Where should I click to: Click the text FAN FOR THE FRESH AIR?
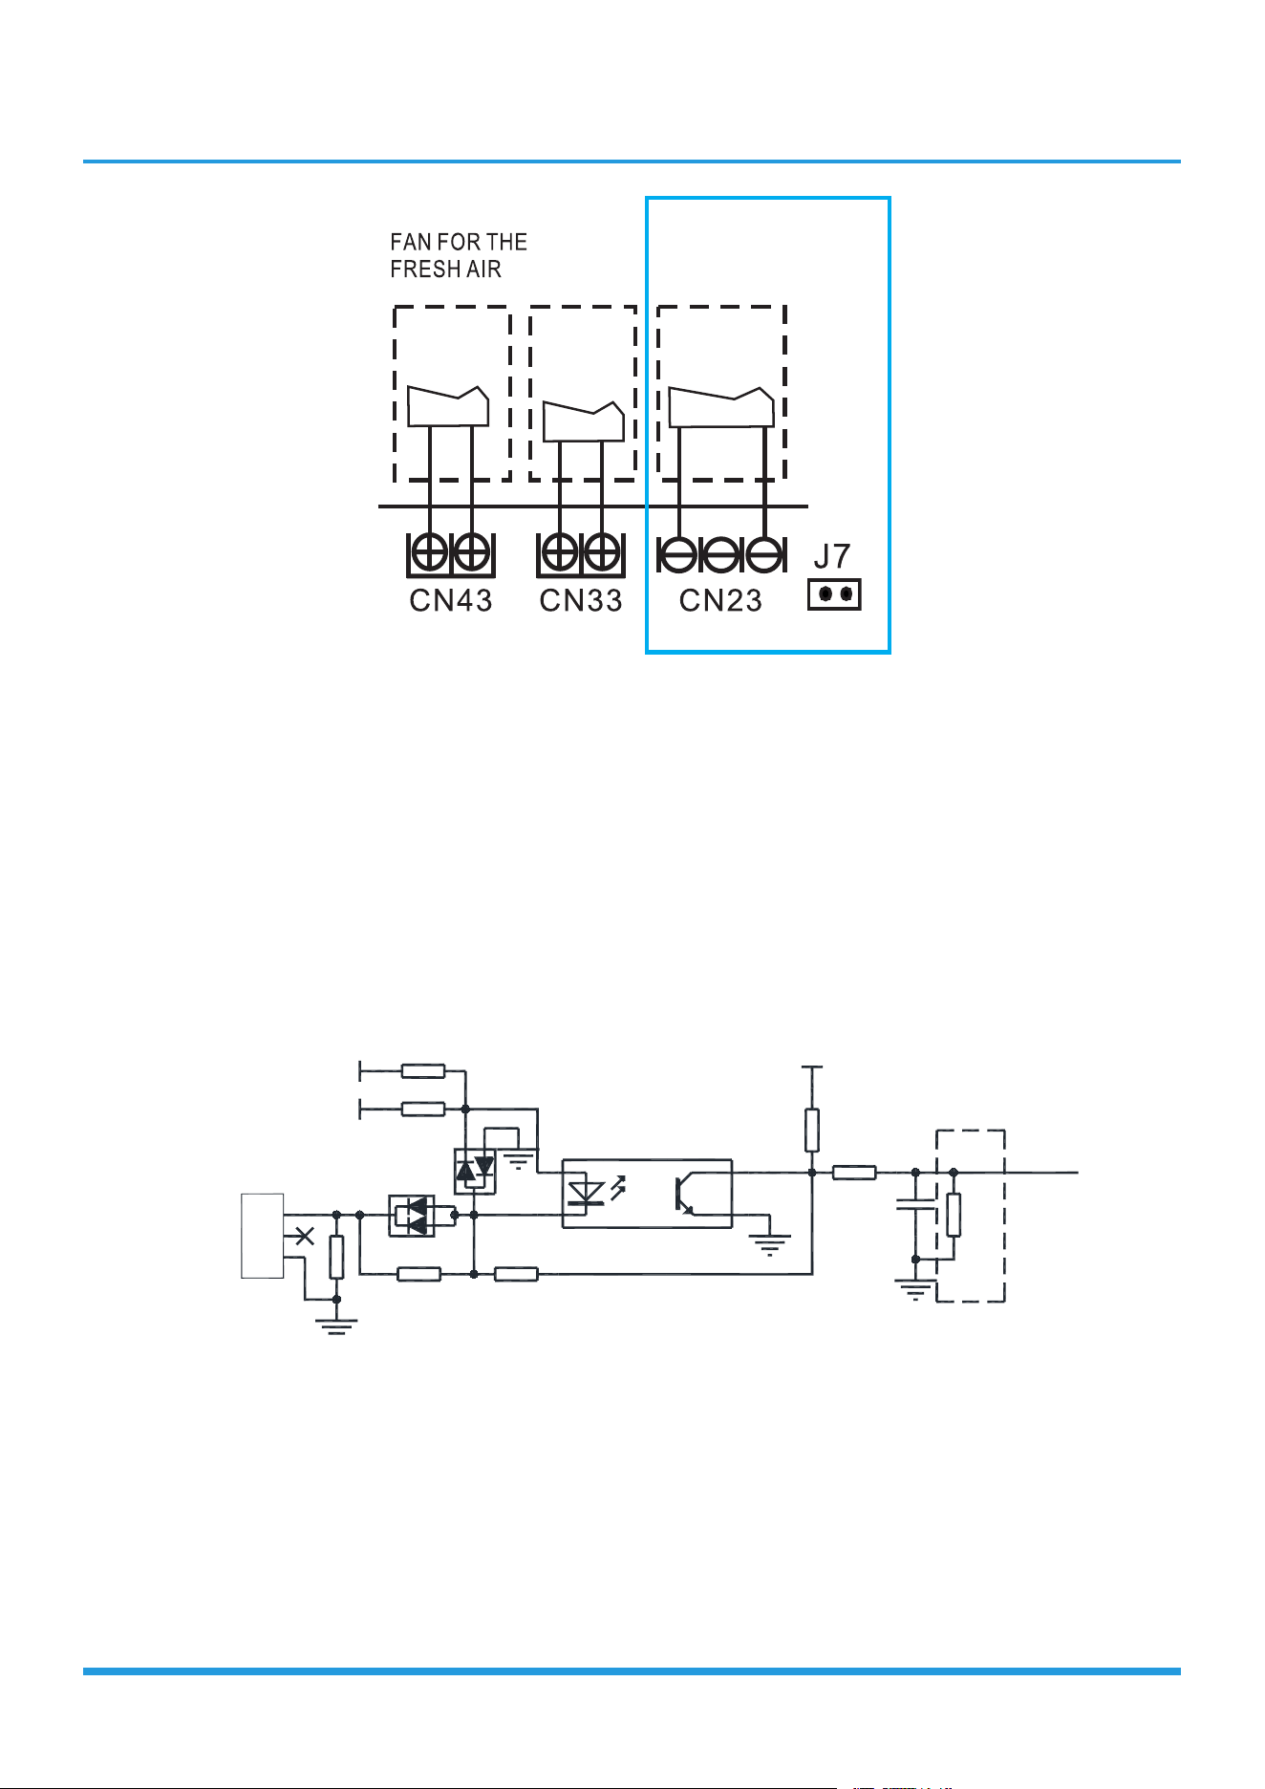click(459, 255)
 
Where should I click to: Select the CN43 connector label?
click(451, 600)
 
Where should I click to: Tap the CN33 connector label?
click(581, 600)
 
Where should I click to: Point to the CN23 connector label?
click(720, 600)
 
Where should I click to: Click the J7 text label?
click(832, 556)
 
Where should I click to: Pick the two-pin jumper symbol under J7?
click(835, 595)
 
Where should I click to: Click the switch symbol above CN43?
click(449, 406)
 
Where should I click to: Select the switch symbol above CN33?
click(584, 421)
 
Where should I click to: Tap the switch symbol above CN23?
click(721, 407)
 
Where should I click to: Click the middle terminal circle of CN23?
click(721, 554)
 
